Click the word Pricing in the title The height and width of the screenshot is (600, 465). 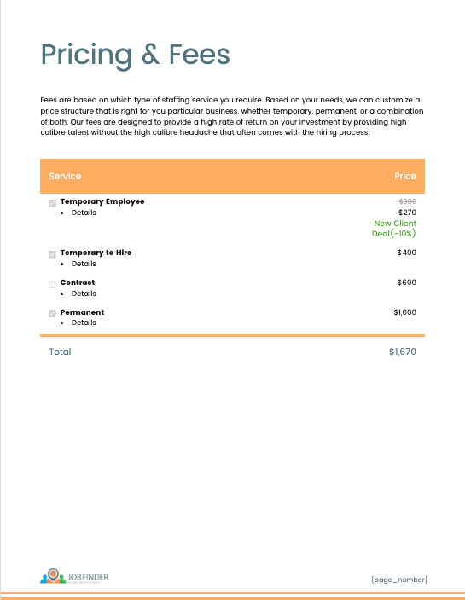tap(86, 55)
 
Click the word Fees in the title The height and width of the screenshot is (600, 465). tap(198, 55)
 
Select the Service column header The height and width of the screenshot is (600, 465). tap(65, 176)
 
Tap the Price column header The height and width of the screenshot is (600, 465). tap(405, 176)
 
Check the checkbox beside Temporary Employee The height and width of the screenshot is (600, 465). tap(53, 203)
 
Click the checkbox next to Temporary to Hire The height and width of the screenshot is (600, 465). tap(53, 254)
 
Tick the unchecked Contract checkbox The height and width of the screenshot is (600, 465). tap(53, 283)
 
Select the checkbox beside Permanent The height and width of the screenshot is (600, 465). tap(53, 313)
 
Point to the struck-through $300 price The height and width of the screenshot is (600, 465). tap(408, 201)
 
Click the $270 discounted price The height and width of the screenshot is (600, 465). tap(408, 213)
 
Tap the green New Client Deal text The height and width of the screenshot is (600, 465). tap(394, 228)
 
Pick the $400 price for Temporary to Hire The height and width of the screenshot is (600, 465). tap(407, 253)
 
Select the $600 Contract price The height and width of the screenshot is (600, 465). tap(407, 283)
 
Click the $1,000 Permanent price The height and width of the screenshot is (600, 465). tap(405, 312)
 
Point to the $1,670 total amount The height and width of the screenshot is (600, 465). tap(402, 352)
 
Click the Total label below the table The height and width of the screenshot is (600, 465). tap(60, 352)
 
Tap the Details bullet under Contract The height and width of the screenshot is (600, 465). tap(84, 294)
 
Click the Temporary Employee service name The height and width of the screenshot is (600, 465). tap(102, 201)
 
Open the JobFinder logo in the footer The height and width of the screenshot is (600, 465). tap(74, 578)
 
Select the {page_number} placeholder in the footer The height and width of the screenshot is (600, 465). tap(399, 580)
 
